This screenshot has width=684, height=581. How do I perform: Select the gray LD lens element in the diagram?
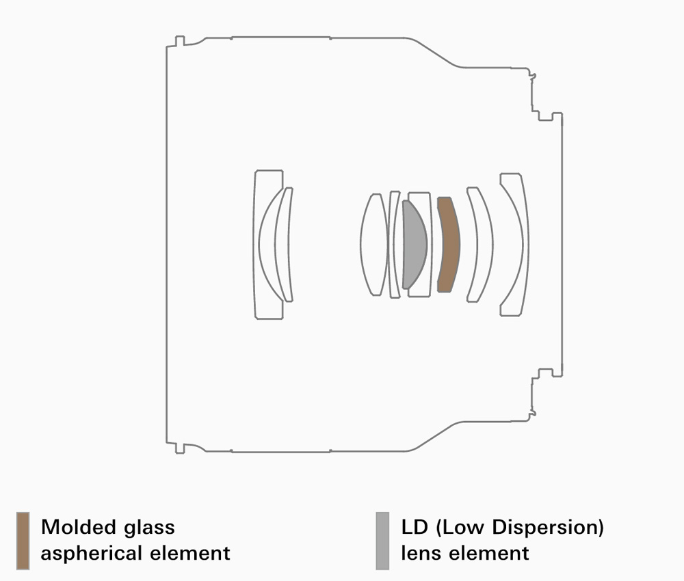[414, 245]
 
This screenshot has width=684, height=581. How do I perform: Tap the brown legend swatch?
[23, 541]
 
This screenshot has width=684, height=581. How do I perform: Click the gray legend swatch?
[382, 541]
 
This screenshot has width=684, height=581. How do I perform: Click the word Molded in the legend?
[79, 527]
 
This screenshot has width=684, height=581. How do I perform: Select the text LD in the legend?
[415, 527]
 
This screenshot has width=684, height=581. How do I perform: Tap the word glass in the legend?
[149, 528]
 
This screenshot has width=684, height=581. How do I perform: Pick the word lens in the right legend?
[421, 554]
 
